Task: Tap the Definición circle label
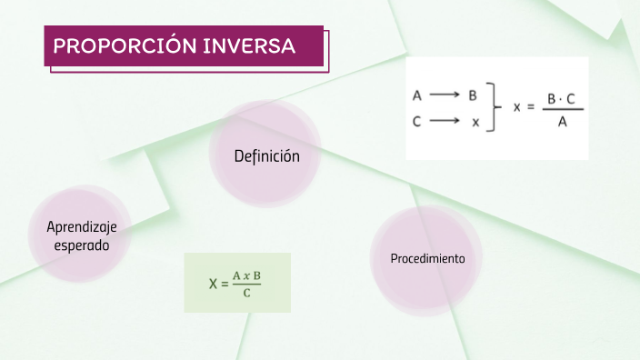pyautogui.click(x=266, y=156)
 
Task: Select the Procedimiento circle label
pyautogui.click(x=427, y=259)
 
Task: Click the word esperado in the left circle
pyautogui.click(x=82, y=245)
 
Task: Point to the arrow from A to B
pyautogui.click(x=445, y=95)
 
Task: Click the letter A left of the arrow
pyautogui.click(x=417, y=95)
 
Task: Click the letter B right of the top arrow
pyautogui.click(x=473, y=95)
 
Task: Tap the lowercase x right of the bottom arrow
pyautogui.click(x=474, y=123)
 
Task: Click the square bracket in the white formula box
pyautogui.click(x=494, y=107)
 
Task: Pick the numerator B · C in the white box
pyautogui.click(x=562, y=97)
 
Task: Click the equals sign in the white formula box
pyautogui.click(x=531, y=107)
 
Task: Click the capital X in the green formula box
pyautogui.click(x=213, y=284)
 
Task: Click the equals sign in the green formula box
pyautogui.click(x=225, y=284)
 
